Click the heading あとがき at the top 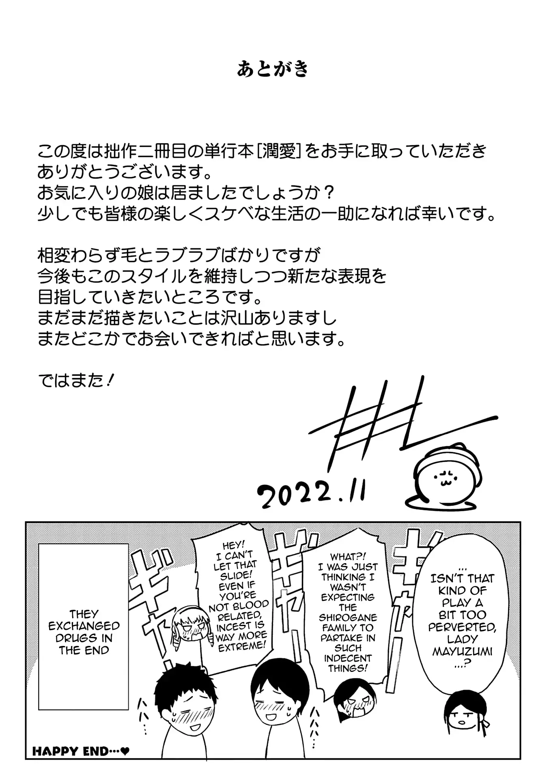click(273, 69)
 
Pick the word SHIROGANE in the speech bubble click(348, 618)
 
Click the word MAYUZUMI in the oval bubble click(462, 652)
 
